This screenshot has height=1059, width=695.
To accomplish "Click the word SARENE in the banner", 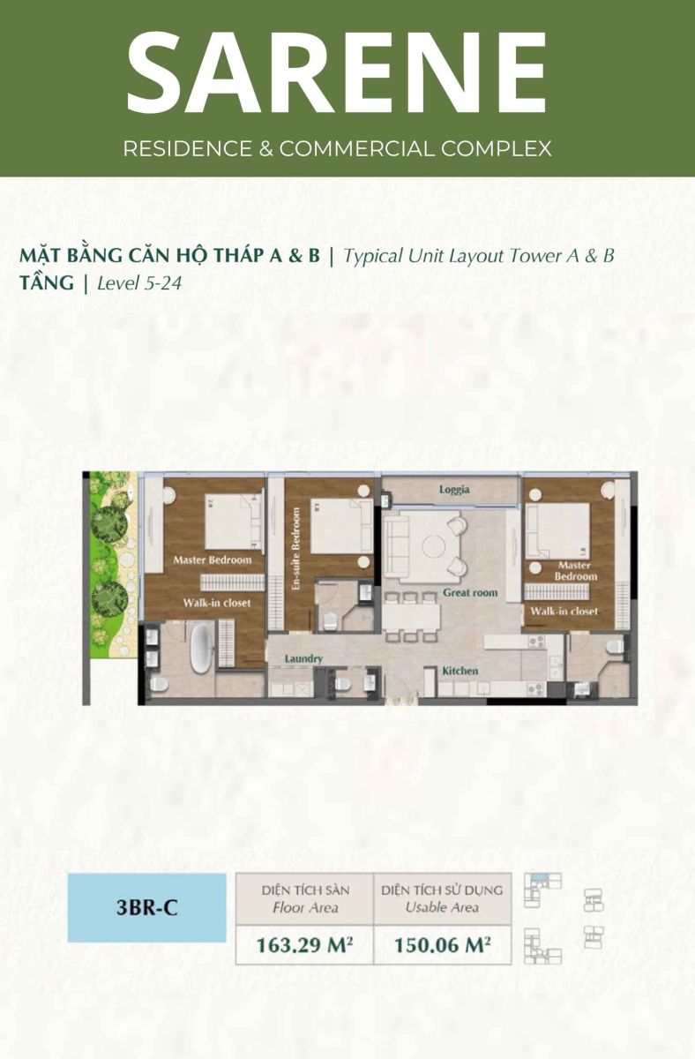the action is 336,71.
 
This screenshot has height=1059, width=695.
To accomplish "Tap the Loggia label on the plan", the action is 454,489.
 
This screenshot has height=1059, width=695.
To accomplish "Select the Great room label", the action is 470,592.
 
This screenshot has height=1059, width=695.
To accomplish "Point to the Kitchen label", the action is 460,671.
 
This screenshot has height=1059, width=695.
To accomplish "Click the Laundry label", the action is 303,658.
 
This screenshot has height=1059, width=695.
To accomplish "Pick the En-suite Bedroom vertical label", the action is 296,548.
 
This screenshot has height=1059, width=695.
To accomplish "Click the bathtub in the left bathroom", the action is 203,648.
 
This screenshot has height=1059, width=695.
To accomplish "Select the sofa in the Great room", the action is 396,546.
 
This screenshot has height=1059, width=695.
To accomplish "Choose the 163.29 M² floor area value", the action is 305,944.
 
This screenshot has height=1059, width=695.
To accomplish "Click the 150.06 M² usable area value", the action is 442,944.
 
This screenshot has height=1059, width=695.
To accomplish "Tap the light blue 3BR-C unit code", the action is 147,909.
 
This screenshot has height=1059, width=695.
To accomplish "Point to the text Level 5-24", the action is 139,283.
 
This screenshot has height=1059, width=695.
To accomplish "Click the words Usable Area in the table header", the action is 442,907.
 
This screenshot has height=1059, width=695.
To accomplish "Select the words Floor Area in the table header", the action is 305,908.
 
